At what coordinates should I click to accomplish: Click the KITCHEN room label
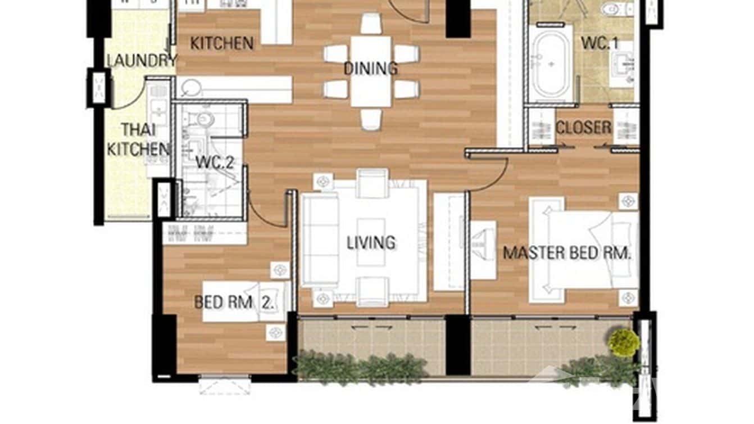coord(221,43)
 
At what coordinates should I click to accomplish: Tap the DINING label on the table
coord(370,69)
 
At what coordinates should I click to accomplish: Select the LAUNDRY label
coord(142,61)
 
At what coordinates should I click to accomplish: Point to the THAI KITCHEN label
coord(138,139)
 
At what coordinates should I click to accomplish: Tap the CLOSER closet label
coord(583,128)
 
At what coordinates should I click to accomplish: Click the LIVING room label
coord(371,243)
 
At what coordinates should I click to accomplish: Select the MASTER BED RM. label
coord(567,252)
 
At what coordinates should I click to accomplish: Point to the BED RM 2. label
coord(234,303)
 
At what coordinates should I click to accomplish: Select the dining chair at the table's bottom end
coord(371,119)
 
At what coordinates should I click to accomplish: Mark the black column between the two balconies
coord(458,345)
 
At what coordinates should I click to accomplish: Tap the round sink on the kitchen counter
coord(192,88)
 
